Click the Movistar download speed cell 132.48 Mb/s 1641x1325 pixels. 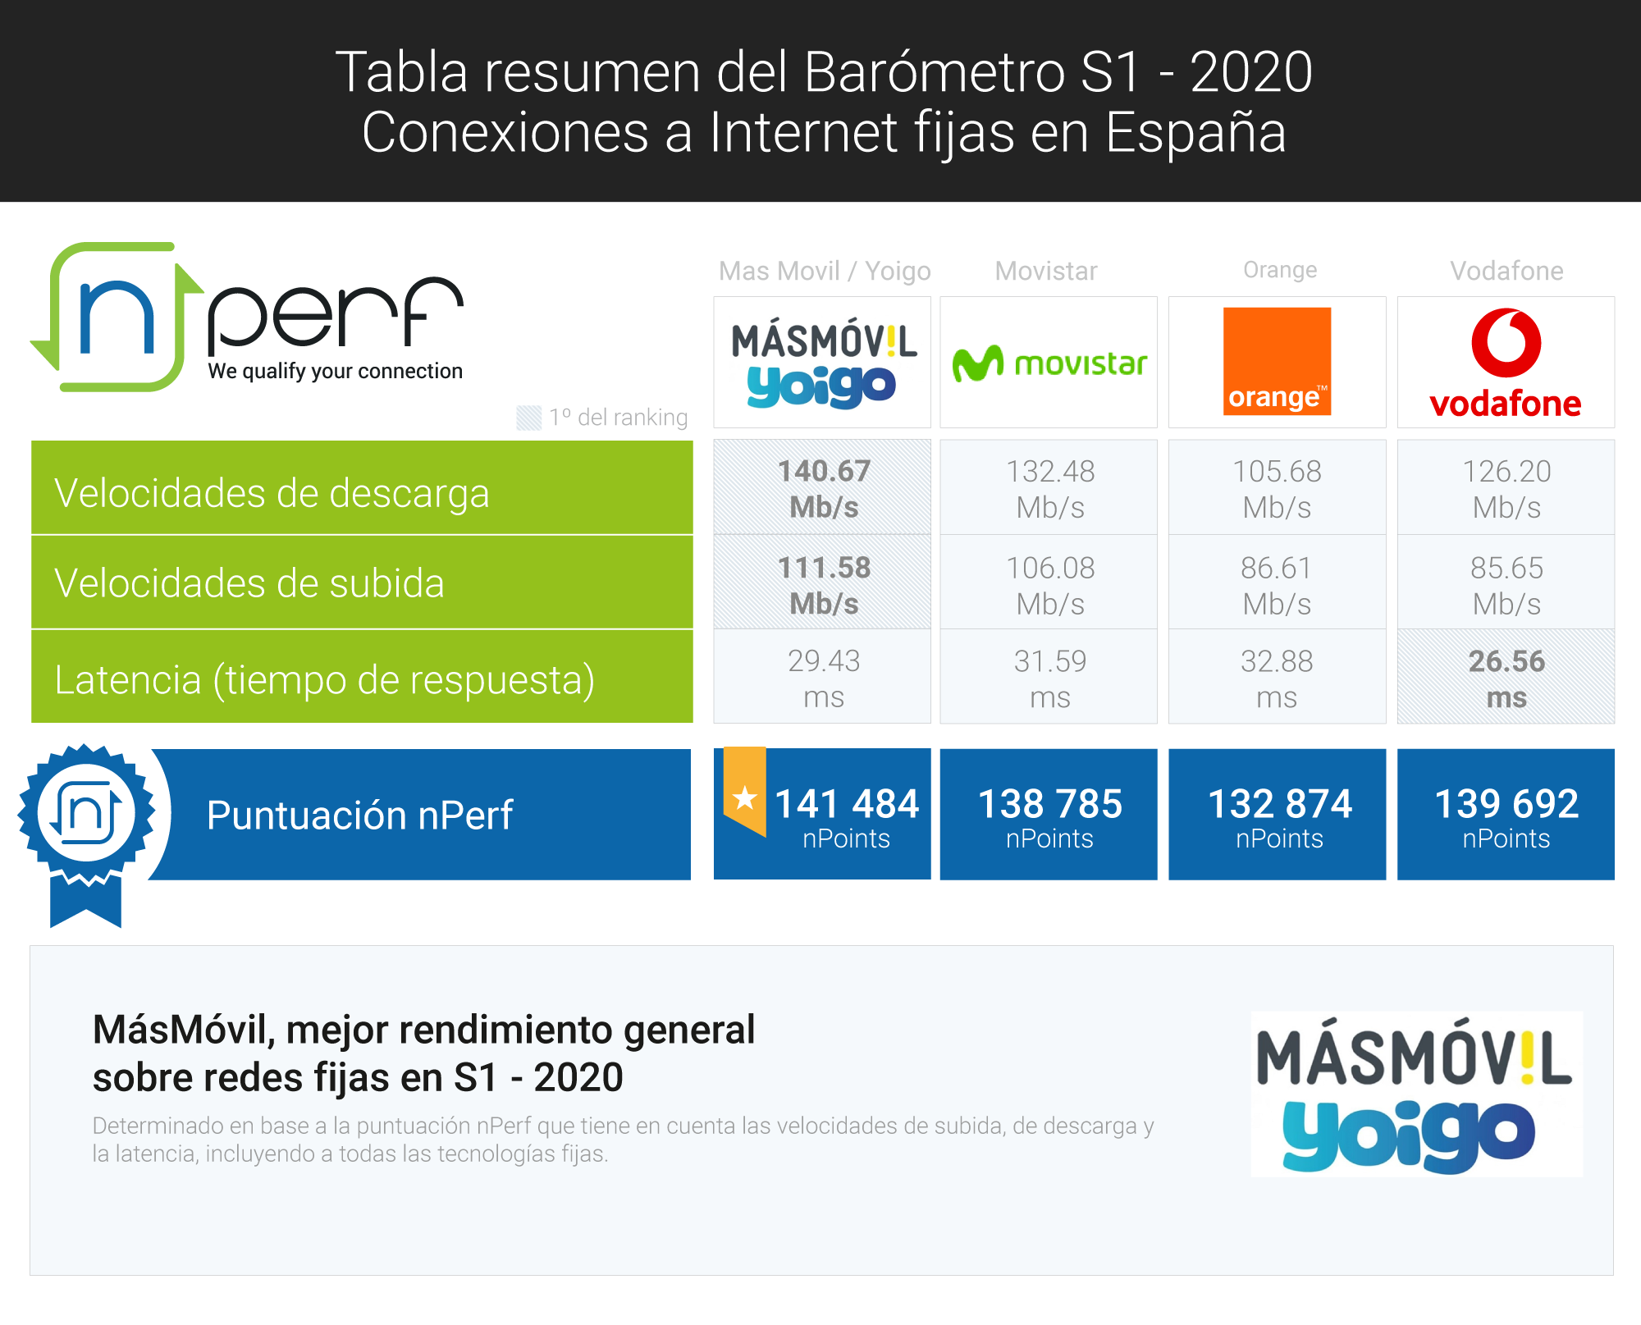pos(1049,489)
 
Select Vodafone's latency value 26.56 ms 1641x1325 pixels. pos(1506,678)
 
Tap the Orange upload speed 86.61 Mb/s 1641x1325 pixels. pos(1277,585)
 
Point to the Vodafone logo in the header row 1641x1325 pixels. pos(1506,363)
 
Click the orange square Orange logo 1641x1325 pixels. pos(1277,361)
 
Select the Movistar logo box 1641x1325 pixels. pos(1049,362)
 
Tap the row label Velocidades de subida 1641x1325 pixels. pos(249,583)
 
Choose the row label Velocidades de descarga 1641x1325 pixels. pos(272,493)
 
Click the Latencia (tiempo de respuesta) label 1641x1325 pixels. pos(325,680)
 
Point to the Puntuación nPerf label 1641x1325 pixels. pos(359,816)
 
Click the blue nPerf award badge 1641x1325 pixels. pos(86,834)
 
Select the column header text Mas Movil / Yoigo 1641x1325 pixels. pos(825,271)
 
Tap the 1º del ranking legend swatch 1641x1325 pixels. pos(529,418)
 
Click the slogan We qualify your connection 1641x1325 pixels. pos(336,372)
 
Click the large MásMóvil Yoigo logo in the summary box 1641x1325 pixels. pos(1415,1094)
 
